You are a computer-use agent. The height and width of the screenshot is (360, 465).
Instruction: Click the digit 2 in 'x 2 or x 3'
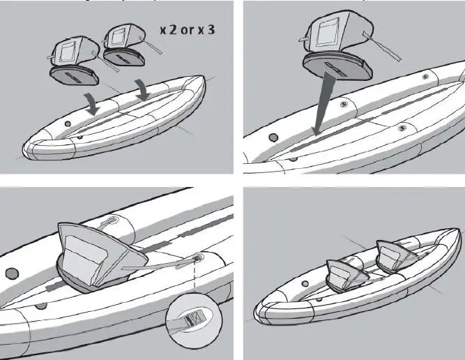(x=173, y=31)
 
